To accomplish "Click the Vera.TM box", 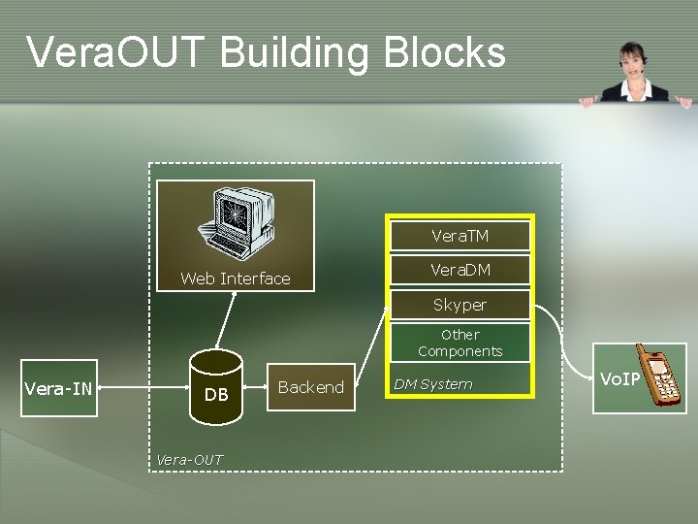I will pyautogui.click(x=460, y=236).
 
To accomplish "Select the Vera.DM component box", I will pyautogui.click(x=460, y=270).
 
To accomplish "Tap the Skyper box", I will pyautogui.click(x=460, y=305).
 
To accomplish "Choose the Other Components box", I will pyautogui.click(x=460, y=343).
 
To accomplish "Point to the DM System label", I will pyautogui.click(x=432, y=384).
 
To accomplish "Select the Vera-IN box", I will pyautogui.click(x=58, y=389).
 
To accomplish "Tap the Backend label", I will pyautogui.click(x=310, y=387).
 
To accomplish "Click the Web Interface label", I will pyautogui.click(x=236, y=278).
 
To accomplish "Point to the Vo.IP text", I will pyautogui.click(x=619, y=378).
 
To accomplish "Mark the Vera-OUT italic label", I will pyautogui.click(x=189, y=459).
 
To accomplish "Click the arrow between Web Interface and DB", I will pyautogui.click(x=226, y=320).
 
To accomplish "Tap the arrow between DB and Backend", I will pyautogui.click(x=255, y=388).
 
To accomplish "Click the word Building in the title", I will pyautogui.click(x=298, y=52).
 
